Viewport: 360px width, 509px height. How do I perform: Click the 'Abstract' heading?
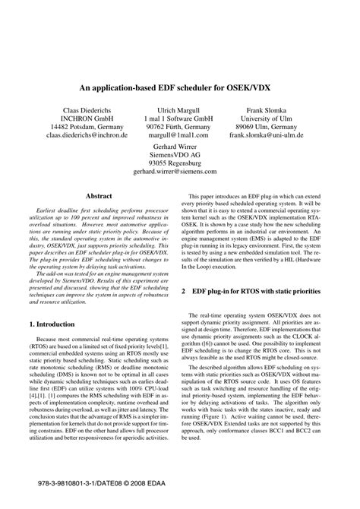[99, 195]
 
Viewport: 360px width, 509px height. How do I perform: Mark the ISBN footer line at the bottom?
[101, 482]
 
